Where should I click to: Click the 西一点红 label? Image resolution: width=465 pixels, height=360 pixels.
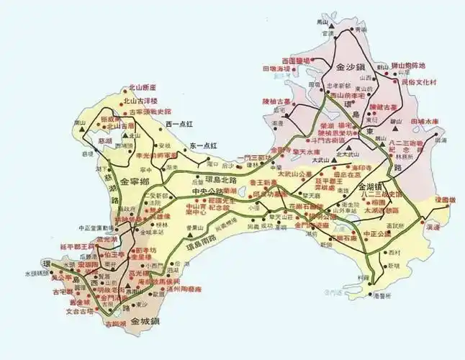pyautogui.click(x=179, y=125)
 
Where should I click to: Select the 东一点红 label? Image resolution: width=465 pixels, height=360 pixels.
pyautogui.click(x=204, y=146)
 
